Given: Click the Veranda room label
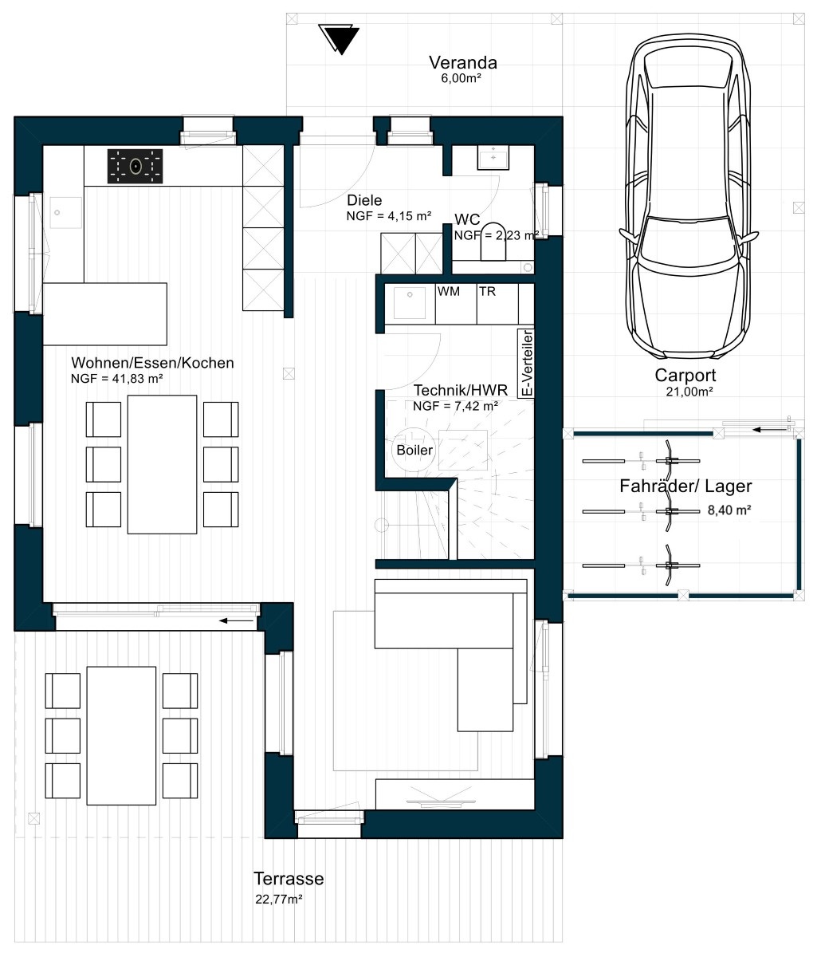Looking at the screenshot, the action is coord(462,62).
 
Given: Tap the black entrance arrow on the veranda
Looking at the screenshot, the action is coord(339,39).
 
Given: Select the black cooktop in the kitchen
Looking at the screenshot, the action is coord(135,166).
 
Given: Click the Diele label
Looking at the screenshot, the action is coord(364,200).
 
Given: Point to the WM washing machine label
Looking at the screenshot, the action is coord(449,291).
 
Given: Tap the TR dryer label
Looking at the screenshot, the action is coord(487,291).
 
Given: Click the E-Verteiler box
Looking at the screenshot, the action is coord(527,363).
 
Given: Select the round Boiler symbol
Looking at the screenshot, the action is coord(414,449).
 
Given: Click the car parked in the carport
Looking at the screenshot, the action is coord(689,198).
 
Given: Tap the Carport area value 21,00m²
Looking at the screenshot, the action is coord(689,392).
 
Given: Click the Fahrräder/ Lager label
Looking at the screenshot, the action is coord(685,486).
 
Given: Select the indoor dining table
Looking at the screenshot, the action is coord(162,464).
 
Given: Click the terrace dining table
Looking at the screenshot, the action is coord(121,735).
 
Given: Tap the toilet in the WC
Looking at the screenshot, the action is coord(493,242).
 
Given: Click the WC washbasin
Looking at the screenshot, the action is coord(493,157).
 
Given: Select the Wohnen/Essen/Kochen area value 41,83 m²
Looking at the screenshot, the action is coord(116,378).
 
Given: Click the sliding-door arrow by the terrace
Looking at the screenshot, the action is coord(237,621).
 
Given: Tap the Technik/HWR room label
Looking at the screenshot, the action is coord(461,390).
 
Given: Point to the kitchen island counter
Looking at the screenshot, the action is coord(104,314).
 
